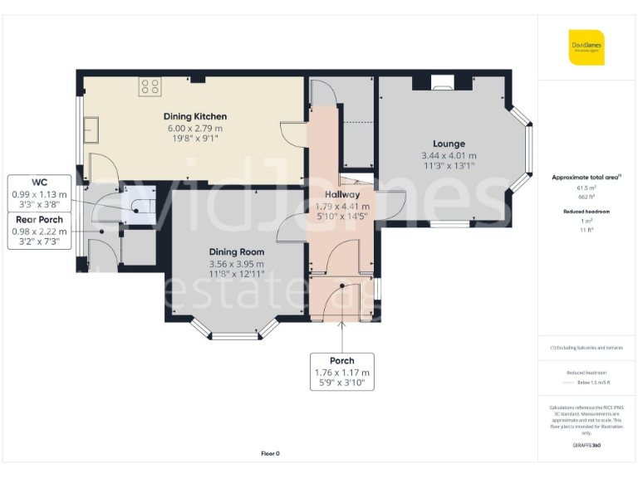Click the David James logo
click(x=586, y=47)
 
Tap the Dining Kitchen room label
click(x=195, y=116)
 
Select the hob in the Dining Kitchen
click(x=150, y=85)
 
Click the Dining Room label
click(x=237, y=252)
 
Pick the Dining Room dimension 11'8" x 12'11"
click(x=237, y=274)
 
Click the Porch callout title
click(x=341, y=361)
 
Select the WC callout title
click(x=40, y=183)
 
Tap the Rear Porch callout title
click(x=40, y=220)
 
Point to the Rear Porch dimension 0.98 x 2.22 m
click(x=40, y=232)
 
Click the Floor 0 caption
click(x=270, y=453)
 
